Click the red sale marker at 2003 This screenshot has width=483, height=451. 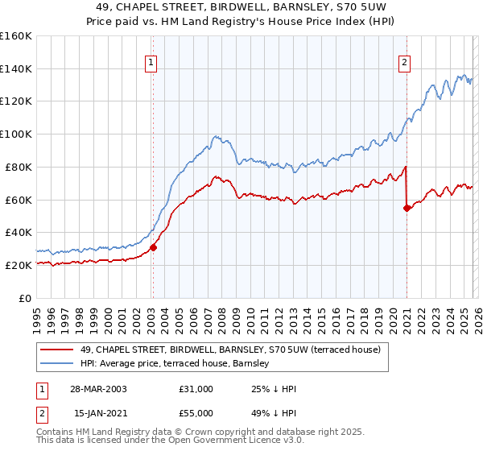point(153,247)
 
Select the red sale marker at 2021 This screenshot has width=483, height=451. point(407,208)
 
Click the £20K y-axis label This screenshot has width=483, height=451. point(17,265)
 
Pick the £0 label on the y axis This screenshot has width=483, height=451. point(24,298)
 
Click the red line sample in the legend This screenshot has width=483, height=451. point(57,350)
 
